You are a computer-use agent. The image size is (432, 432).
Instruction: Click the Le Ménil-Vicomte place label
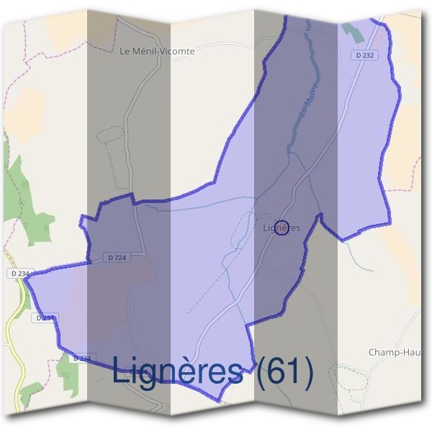point(157,51)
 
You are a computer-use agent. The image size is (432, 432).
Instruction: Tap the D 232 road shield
point(365,55)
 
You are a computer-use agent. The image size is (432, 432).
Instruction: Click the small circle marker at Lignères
point(282,228)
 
